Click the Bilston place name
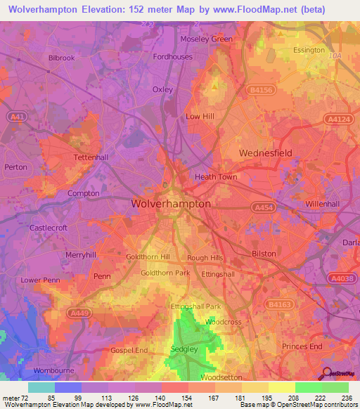[x=264, y=254]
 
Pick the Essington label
[x=309, y=51]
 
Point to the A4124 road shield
[x=335, y=120]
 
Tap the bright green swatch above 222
[x=309, y=387]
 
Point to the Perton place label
[x=15, y=167]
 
